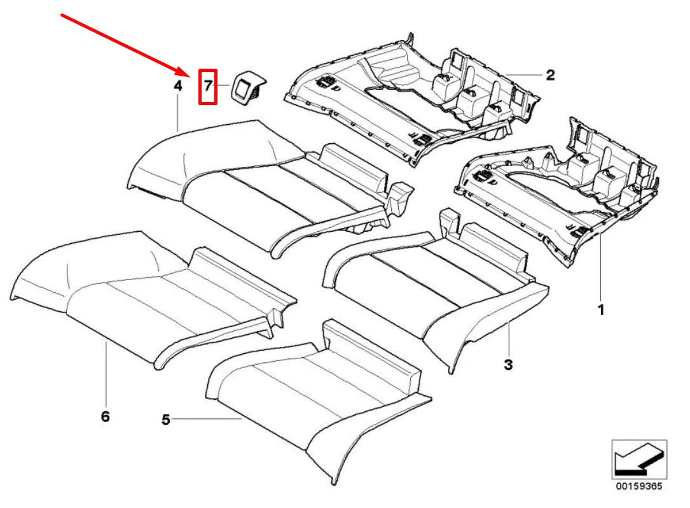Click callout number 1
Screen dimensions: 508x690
pyautogui.click(x=600, y=311)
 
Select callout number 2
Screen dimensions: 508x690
pyautogui.click(x=550, y=76)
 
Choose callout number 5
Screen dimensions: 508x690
pyautogui.click(x=165, y=420)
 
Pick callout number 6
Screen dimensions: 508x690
pyautogui.click(x=105, y=416)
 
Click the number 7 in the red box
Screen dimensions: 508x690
pyautogui.click(x=208, y=87)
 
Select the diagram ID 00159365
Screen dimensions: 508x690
pyautogui.click(x=638, y=486)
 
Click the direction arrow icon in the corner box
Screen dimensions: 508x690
pyautogui.click(x=638, y=458)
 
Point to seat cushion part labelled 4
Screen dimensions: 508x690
pyautogui.click(x=254, y=185)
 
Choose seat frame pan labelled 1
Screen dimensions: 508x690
pyautogui.click(x=560, y=191)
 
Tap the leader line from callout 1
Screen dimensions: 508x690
pyautogui.click(x=600, y=267)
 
